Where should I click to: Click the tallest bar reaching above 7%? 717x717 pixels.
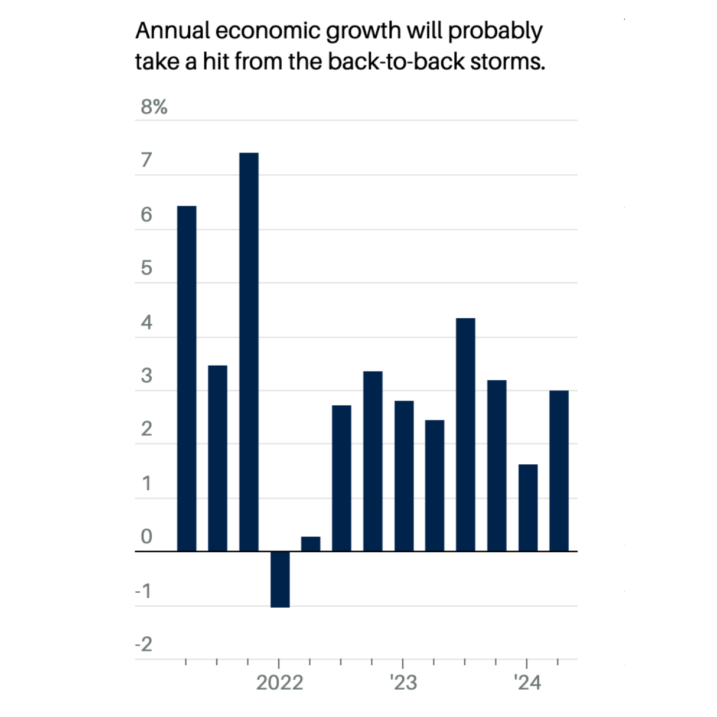click(249, 352)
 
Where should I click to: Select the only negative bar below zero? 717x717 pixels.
click(280, 579)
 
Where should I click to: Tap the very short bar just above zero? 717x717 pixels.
click(311, 544)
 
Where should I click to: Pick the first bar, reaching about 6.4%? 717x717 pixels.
click(187, 379)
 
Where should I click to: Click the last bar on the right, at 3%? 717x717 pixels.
click(559, 471)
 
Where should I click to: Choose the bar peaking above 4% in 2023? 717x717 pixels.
click(465, 435)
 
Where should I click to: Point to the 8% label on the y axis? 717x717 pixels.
click(154, 107)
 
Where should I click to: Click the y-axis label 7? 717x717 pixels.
click(146, 160)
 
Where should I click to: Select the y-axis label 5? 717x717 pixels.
click(146, 268)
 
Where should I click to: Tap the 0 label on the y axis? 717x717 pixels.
click(146, 536)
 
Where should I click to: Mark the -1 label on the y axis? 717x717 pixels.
click(144, 591)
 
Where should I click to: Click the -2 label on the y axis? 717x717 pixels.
click(144, 644)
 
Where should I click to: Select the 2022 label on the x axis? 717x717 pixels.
click(279, 683)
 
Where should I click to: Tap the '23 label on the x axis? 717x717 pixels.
click(403, 683)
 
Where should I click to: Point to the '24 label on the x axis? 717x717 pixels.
click(527, 683)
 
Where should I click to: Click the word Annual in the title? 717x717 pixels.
click(171, 31)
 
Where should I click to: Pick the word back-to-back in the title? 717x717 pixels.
click(396, 61)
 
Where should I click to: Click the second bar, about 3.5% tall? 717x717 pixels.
click(218, 458)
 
